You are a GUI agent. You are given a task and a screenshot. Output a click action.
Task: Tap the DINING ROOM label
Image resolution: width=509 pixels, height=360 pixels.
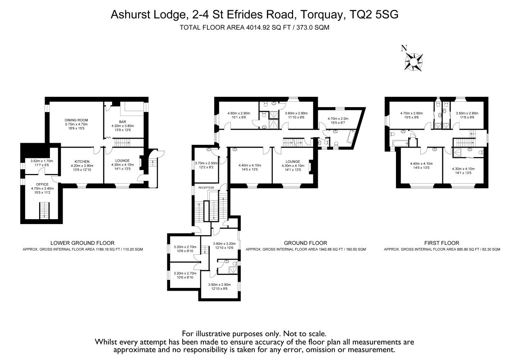click(x=76, y=120)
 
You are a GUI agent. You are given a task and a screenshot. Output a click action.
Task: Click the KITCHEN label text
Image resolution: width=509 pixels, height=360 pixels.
click(x=82, y=161)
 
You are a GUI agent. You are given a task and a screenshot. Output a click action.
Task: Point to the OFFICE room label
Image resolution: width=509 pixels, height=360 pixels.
click(x=41, y=184)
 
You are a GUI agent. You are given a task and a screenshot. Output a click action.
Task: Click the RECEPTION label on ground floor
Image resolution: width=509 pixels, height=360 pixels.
click(x=205, y=187)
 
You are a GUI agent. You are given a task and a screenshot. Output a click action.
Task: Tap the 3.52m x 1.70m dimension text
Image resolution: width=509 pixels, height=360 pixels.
click(x=41, y=161)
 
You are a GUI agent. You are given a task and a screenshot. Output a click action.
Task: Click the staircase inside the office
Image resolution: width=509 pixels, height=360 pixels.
click(x=44, y=210)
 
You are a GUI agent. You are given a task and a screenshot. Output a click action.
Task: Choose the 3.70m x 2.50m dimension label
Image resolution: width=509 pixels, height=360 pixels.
click(x=206, y=163)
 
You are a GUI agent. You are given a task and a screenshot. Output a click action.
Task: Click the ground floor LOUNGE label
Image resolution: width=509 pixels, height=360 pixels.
click(x=293, y=161)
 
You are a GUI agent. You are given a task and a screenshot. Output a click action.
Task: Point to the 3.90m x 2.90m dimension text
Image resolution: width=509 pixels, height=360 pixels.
click(x=219, y=284)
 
